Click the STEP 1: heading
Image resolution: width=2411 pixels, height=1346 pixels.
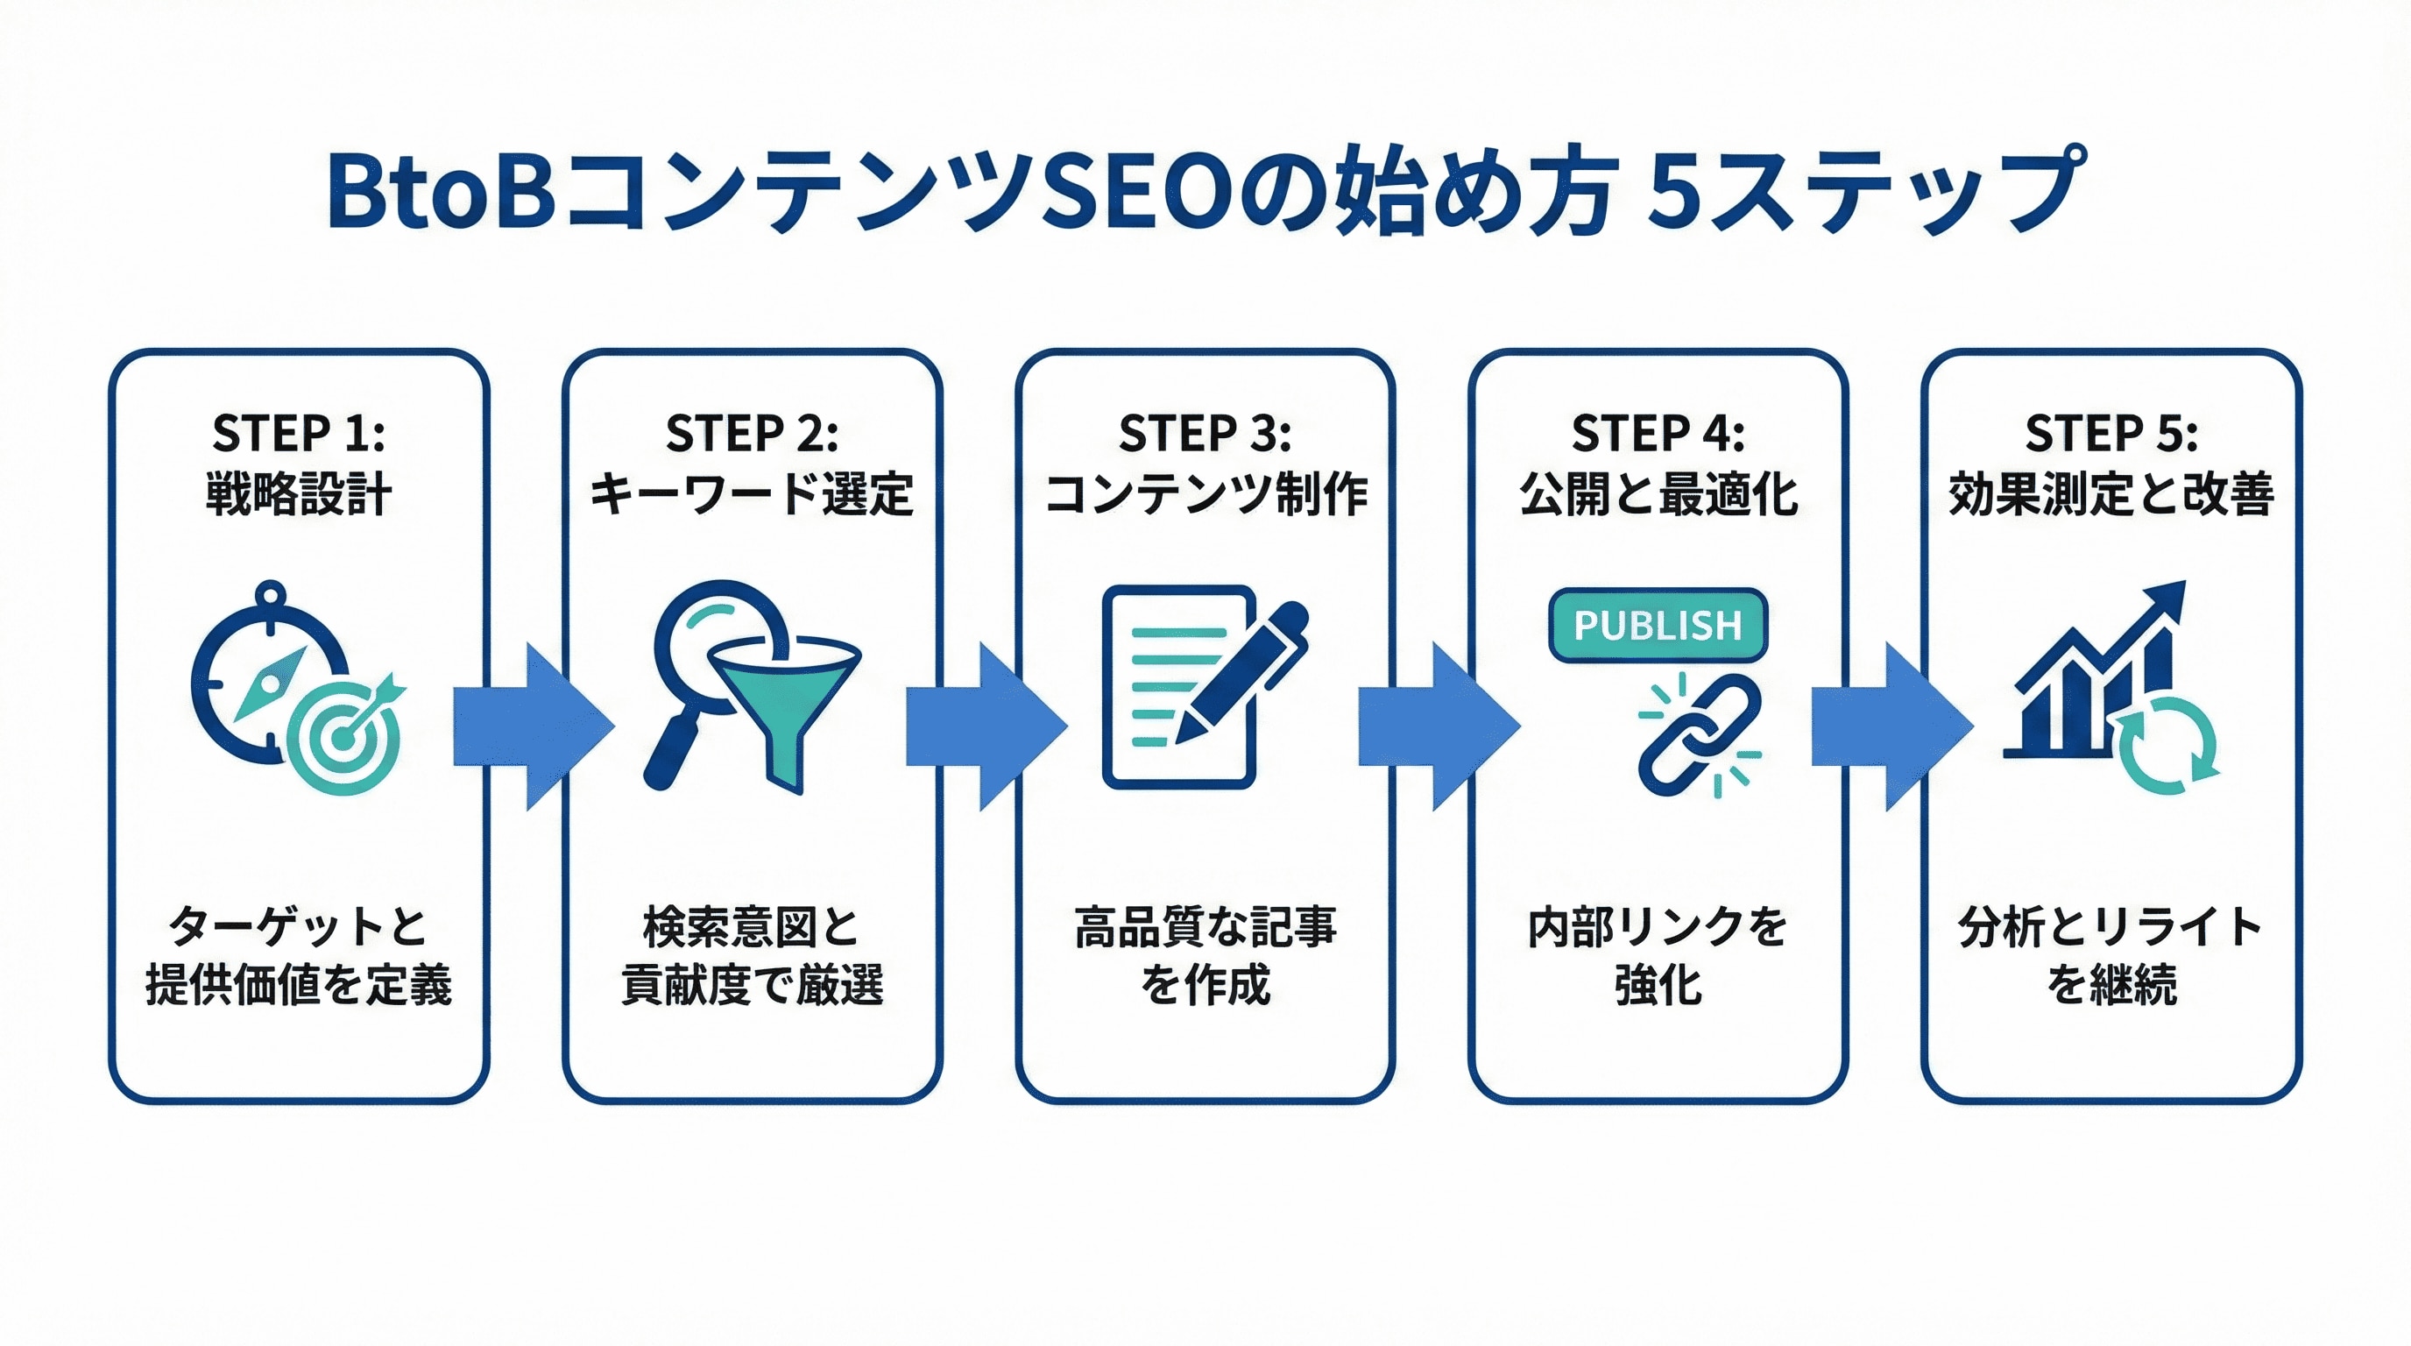pyautogui.click(x=299, y=434)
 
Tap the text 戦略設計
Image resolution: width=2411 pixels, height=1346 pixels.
pyautogui.click(x=299, y=494)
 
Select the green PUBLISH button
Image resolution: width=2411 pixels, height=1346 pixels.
pyautogui.click(x=1658, y=624)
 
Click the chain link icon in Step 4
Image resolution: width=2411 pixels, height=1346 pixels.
pyautogui.click(x=1698, y=736)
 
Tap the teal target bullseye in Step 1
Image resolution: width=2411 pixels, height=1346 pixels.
pyautogui.click(x=343, y=740)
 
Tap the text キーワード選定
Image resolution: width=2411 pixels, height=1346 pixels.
pyautogui.click(x=752, y=494)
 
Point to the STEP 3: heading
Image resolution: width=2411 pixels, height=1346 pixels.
pyautogui.click(x=1205, y=434)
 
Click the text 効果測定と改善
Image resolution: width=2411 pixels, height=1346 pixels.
pyautogui.click(x=2111, y=494)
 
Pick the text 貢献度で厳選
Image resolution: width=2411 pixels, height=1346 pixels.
pyautogui.click(x=752, y=985)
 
